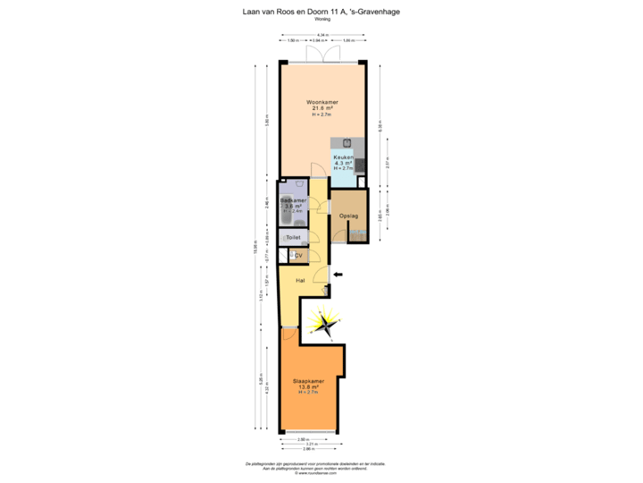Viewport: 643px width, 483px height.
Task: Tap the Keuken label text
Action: (345, 157)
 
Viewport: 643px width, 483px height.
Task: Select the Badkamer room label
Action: (293, 200)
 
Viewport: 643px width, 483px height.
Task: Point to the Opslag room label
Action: (348, 216)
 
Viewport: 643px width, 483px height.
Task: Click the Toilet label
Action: (293, 237)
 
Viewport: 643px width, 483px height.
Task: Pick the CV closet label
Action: (298, 256)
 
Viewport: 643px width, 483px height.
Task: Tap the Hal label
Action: (302, 279)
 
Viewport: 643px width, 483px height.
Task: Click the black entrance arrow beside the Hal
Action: (336, 275)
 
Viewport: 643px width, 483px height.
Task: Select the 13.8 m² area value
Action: (309, 386)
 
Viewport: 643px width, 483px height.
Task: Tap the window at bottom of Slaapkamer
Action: (309, 433)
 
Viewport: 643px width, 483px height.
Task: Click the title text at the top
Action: (321, 12)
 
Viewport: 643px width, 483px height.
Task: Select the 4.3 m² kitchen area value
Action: (345, 163)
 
